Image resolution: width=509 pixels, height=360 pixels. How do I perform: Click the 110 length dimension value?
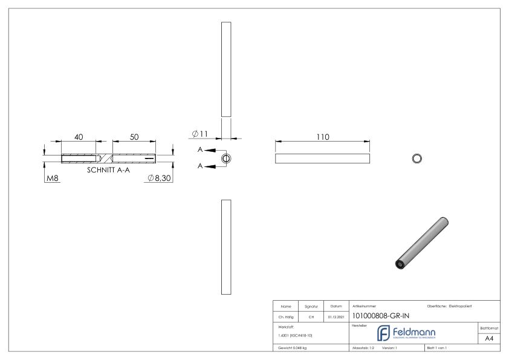click(x=323, y=137)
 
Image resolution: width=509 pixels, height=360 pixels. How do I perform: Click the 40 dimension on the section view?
click(x=79, y=137)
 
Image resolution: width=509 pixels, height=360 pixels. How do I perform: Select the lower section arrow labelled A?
click(x=209, y=166)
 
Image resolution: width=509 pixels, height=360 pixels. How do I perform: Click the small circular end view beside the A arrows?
click(x=226, y=159)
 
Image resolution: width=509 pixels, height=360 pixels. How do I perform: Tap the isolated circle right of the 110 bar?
click(x=417, y=159)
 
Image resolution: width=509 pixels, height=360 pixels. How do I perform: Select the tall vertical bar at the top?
click(x=226, y=69)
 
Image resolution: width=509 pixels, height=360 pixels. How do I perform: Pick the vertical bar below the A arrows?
click(x=226, y=247)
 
